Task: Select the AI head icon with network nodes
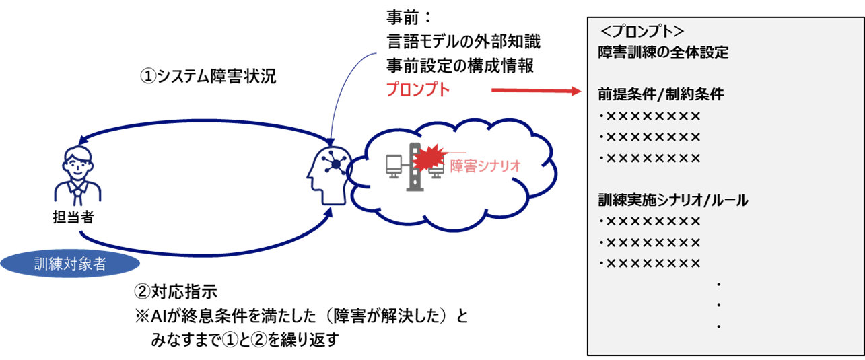(328, 172)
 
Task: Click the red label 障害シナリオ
(485, 166)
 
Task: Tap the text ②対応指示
(176, 292)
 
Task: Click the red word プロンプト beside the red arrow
(417, 89)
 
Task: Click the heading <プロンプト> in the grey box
(642, 32)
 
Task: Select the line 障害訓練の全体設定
(663, 52)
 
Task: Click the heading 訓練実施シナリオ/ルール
(673, 200)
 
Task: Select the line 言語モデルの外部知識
(464, 42)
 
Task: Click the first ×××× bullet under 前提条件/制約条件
(650, 116)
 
